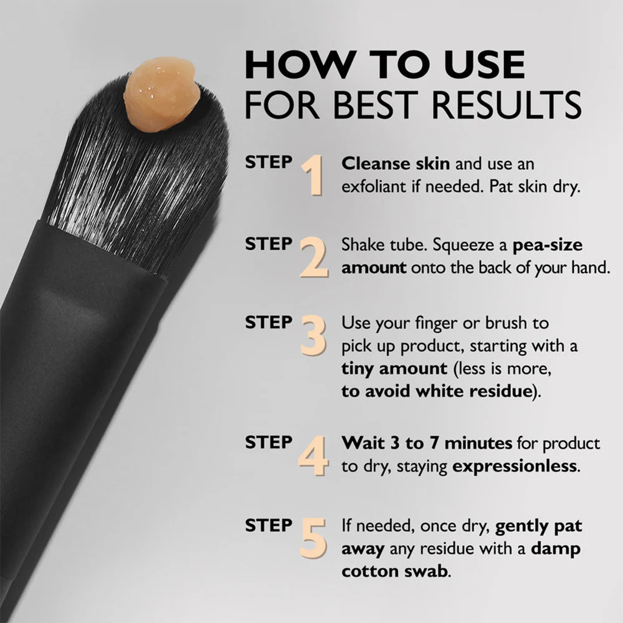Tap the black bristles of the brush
(x=137, y=174)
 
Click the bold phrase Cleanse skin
(x=395, y=164)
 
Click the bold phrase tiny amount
(x=394, y=368)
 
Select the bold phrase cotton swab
(x=394, y=571)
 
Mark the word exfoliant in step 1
(x=378, y=188)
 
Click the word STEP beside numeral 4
(x=268, y=443)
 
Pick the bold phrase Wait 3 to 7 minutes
(x=427, y=444)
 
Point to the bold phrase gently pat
(x=538, y=526)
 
